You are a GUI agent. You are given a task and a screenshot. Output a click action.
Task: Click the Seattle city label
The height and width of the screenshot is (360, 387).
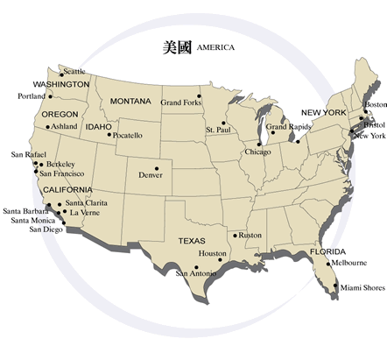pyautogui.click(x=74, y=72)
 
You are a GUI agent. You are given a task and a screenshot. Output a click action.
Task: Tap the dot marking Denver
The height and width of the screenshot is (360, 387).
pyautogui.click(x=157, y=168)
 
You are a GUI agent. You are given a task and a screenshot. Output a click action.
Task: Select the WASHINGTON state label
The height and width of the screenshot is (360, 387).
pyautogui.click(x=61, y=84)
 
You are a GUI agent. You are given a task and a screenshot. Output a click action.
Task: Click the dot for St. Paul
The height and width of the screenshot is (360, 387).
pyautogui.click(x=223, y=123)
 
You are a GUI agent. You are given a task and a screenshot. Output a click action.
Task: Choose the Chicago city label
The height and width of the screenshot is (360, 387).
pyautogui.click(x=257, y=152)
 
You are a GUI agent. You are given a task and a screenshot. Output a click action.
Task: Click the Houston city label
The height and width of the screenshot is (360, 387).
pyautogui.click(x=212, y=253)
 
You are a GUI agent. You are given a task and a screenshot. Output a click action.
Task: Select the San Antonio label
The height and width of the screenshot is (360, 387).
pyautogui.click(x=194, y=273)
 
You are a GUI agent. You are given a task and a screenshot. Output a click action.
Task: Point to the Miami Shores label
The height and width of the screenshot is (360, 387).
pyautogui.click(x=362, y=287)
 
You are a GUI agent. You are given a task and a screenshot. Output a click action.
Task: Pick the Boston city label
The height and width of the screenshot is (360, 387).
pyautogui.click(x=375, y=105)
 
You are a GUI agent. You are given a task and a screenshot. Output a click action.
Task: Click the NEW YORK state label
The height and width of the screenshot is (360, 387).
pyautogui.click(x=324, y=113)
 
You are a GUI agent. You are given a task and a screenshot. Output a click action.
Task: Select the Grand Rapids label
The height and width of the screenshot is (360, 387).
pyautogui.click(x=288, y=128)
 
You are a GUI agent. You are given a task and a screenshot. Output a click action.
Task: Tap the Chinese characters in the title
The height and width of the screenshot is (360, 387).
pyautogui.click(x=178, y=46)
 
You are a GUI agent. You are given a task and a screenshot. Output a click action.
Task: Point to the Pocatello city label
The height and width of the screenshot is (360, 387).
pyautogui.click(x=127, y=136)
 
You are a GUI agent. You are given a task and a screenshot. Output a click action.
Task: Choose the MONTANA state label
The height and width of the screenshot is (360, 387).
pyautogui.click(x=130, y=102)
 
